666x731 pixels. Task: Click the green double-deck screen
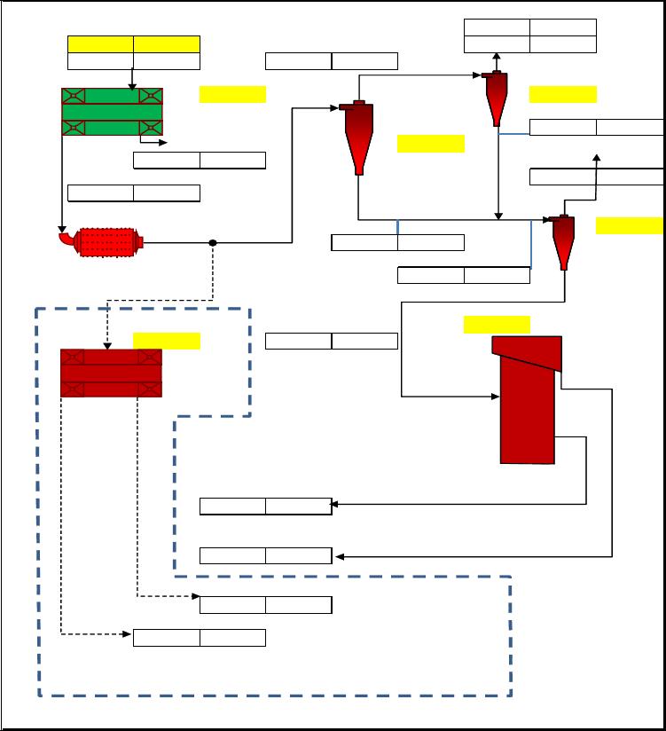(x=112, y=112)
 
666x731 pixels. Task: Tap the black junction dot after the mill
(x=213, y=242)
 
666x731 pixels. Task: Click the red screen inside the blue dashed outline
(x=111, y=373)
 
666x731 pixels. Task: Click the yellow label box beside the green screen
(x=232, y=94)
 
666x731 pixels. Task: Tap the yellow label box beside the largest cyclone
(x=430, y=143)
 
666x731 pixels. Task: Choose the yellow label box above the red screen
(x=166, y=341)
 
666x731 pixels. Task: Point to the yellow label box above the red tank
(x=497, y=324)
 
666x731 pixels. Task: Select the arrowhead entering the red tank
(x=496, y=397)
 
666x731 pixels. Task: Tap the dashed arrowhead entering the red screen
(x=107, y=345)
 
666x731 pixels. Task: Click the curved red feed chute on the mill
(x=65, y=239)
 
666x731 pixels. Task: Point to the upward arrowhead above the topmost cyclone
(x=497, y=57)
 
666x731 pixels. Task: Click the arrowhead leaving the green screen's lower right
(x=161, y=142)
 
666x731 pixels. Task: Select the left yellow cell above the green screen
(x=100, y=44)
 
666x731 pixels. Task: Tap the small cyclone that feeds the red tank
(x=562, y=241)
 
